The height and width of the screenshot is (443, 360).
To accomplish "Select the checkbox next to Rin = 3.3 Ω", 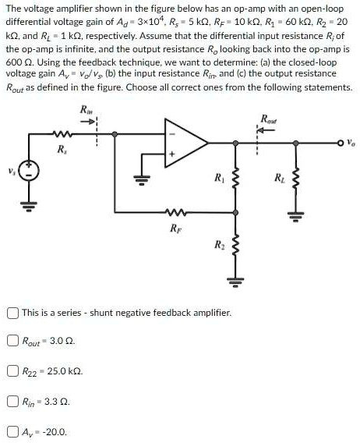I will tap(12, 402).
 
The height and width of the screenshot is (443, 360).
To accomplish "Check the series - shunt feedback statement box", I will tap(12, 312).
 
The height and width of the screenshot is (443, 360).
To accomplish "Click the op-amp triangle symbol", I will tap(183, 144).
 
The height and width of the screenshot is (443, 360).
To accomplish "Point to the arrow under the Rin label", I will tap(90, 122).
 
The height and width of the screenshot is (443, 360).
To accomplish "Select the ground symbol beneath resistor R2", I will tap(232, 281).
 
